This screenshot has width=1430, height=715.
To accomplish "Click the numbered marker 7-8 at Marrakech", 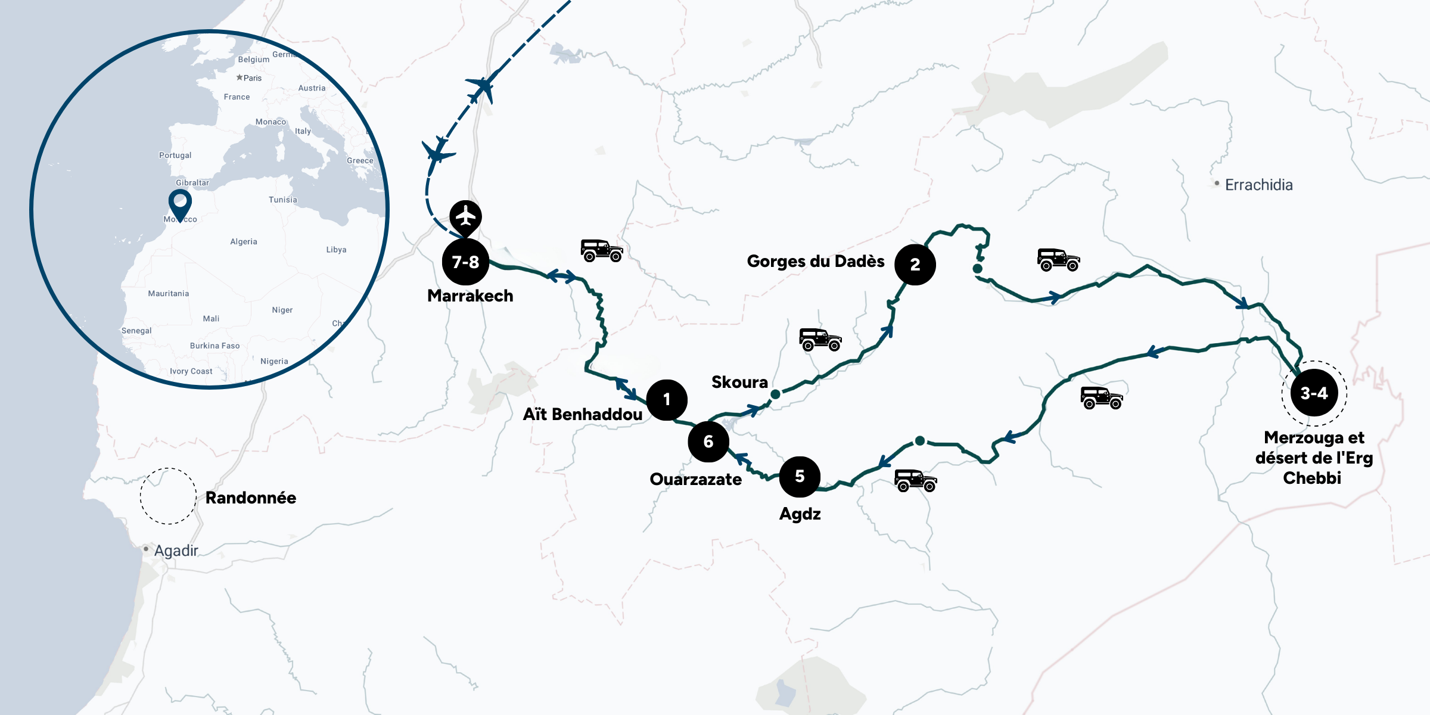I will coord(465,262).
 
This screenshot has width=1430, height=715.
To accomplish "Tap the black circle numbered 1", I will coord(667,400).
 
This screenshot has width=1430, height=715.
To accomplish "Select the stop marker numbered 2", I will coord(915,265).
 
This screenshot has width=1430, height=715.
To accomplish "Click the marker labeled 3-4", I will coord(1314,393).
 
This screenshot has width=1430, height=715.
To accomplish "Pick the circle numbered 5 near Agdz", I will coord(800,477).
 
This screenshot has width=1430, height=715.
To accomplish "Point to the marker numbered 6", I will coord(708,442).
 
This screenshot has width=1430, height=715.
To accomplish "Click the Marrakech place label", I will coord(470,296).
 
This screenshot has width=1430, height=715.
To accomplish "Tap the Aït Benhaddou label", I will coord(582,414).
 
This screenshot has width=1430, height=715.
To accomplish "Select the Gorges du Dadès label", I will coord(815,261).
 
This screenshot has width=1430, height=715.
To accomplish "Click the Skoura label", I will coord(739,382).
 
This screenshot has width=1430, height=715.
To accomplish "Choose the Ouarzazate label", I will coord(695,479).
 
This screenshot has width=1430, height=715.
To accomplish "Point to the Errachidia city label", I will coord(1258,185).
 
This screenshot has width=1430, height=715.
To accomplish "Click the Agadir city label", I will coord(176,551).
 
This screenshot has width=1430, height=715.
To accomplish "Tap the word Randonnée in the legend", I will coord(251,498).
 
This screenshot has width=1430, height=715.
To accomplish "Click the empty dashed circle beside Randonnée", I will coord(168,496).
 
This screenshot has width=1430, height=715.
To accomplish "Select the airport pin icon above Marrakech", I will coord(465,216).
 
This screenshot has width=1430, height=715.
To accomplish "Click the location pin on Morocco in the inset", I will coord(180,203).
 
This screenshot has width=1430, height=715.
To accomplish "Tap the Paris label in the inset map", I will coord(252,78).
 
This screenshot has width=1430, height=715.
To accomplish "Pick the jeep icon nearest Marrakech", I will coord(602,250).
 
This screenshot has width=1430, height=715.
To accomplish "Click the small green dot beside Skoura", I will coord(775,394).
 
